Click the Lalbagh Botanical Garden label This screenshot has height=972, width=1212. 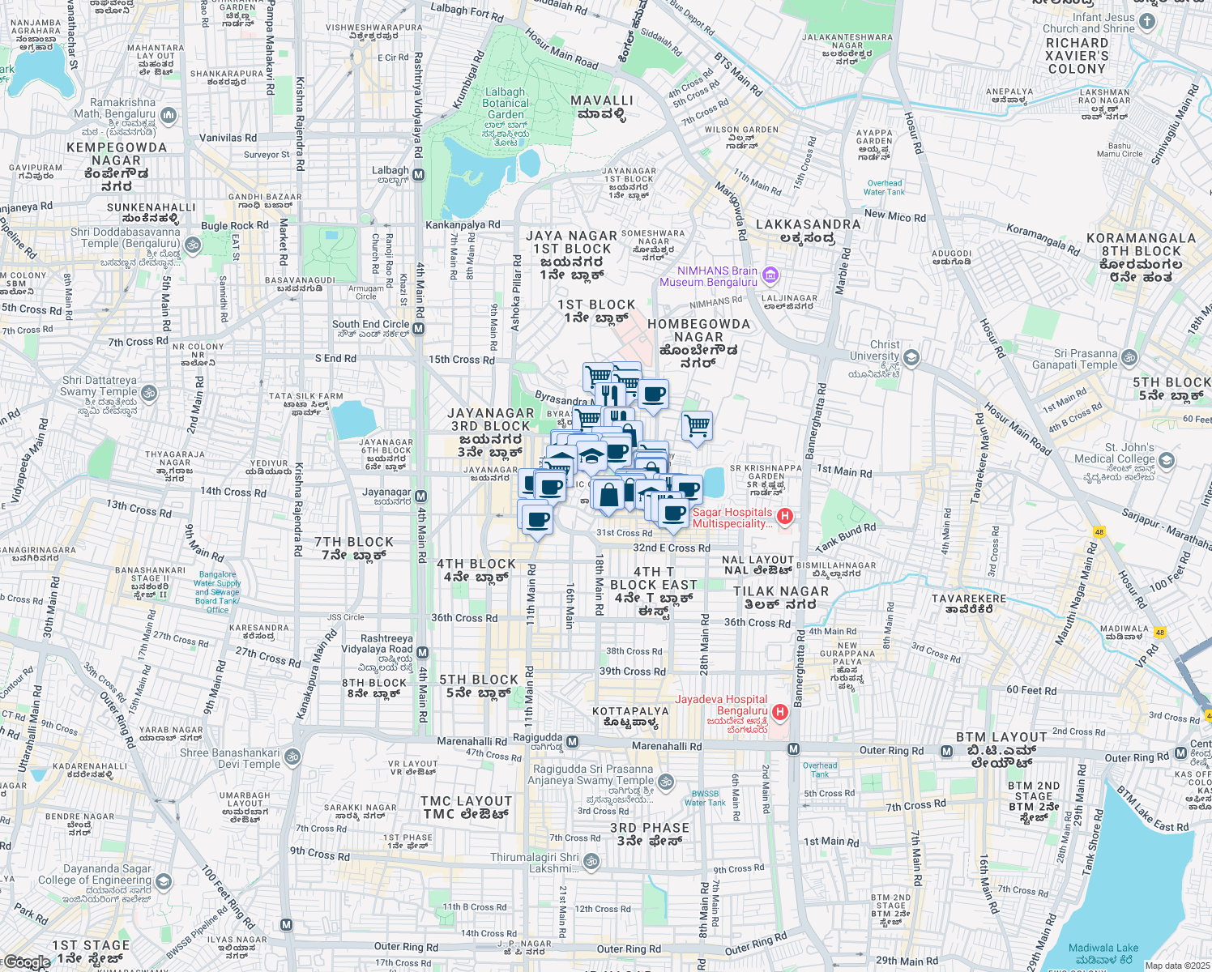tap(506, 104)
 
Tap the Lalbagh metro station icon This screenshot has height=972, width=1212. tap(419, 174)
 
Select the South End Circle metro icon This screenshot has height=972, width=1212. tap(419, 328)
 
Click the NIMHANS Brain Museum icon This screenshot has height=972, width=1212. tap(770, 276)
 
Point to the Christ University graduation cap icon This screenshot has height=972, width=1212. tap(911, 357)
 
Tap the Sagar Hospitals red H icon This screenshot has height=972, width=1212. tap(784, 516)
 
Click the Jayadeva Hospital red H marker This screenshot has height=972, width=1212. tap(780, 712)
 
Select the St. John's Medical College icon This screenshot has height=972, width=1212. tap(1167, 460)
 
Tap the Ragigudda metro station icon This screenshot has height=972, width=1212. tap(573, 741)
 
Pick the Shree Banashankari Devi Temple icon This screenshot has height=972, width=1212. tap(292, 757)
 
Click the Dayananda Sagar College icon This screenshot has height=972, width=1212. tap(164, 880)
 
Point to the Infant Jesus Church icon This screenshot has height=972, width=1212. tap(1147, 22)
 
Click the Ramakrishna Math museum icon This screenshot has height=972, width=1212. tap(169, 115)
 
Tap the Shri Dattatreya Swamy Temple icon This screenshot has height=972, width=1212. tap(149, 394)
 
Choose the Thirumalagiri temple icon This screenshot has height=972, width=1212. tap(592, 861)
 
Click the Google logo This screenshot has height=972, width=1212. tap(26, 962)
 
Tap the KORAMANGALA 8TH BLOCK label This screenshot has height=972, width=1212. tap(1141, 258)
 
